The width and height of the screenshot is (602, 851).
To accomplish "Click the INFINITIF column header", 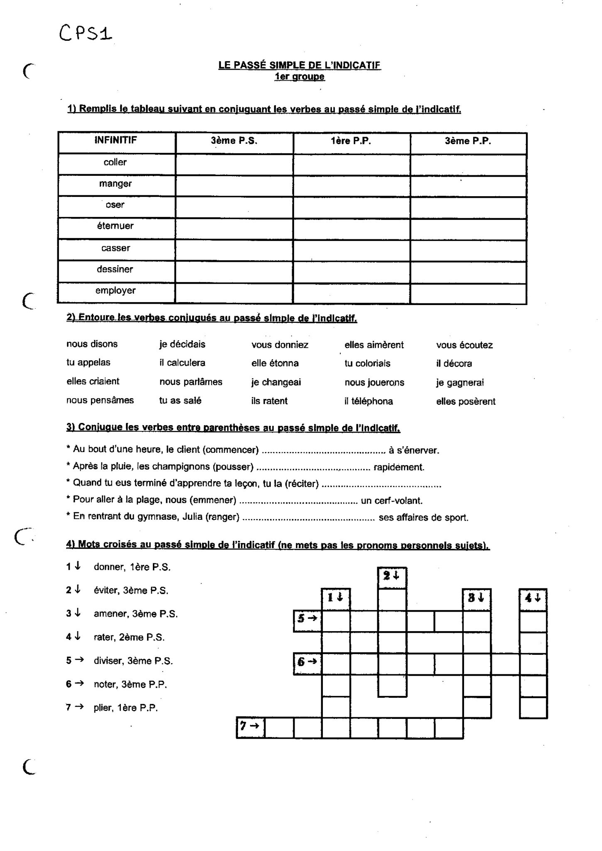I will pos(115,140).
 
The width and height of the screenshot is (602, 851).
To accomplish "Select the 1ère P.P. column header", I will pos(351,141).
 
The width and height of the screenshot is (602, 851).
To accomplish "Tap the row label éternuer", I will pos(115,226).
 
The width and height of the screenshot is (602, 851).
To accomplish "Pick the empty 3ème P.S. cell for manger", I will pos(234,186).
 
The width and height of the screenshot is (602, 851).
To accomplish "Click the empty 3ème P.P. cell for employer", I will pos(468,293).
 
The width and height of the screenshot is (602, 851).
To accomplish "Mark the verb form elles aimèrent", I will pos(374,345).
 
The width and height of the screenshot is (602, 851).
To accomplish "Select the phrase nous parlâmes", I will pos(191,382).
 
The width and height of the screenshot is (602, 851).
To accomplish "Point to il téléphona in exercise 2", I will pos(368,401).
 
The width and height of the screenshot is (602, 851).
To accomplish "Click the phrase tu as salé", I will pos(180,401).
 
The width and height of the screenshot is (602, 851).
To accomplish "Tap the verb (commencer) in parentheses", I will pos(232,450).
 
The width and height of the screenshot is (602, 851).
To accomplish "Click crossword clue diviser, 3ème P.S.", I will pos(133,661).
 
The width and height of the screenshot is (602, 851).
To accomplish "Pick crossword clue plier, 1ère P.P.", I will pos(125,708).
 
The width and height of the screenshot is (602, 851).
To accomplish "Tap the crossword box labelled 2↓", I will pos(392,577).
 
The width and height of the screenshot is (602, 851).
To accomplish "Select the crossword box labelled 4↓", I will pos(533,599).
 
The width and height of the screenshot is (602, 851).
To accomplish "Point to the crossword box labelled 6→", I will pos(307,663).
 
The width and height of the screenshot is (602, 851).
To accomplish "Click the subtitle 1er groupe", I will pos(300,77).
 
